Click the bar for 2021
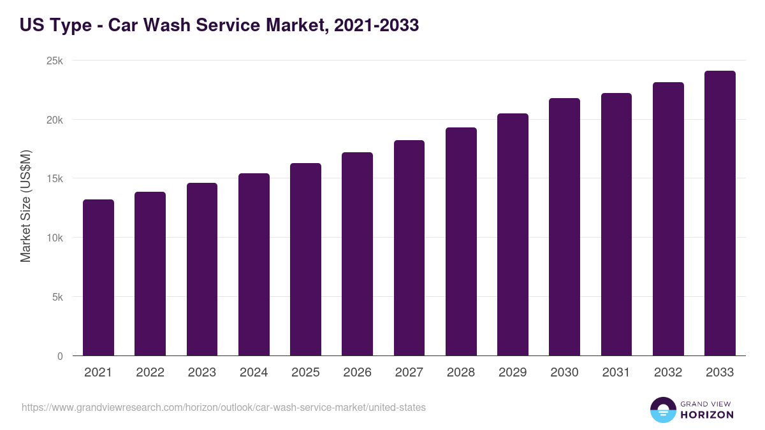click(98, 278)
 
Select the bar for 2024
click(254, 264)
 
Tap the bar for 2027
click(409, 248)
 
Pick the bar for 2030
click(564, 227)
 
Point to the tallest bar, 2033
click(720, 213)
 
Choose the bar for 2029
click(513, 234)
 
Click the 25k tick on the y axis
click(55, 61)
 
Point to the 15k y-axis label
click(55, 179)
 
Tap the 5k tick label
click(58, 297)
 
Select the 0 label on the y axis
click(60, 357)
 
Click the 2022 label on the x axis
click(150, 373)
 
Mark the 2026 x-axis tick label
click(357, 373)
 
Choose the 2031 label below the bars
click(616, 373)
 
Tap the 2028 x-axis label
click(461, 373)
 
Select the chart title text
click(219, 25)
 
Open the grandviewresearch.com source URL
click(224, 407)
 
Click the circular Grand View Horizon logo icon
click(662, 410)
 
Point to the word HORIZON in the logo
click(707, 415)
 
